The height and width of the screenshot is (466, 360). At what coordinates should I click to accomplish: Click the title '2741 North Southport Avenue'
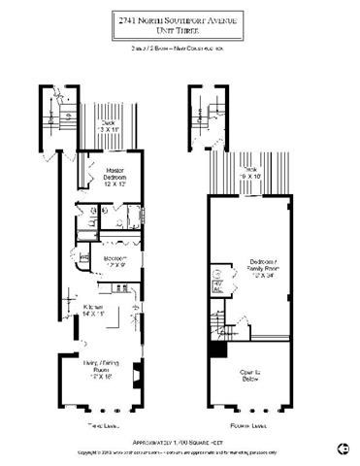[x=180, y=17]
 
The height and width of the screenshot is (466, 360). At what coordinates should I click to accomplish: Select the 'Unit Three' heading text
[x=180, y=31]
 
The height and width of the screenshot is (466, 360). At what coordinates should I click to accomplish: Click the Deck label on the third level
[x=94, y=124]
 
